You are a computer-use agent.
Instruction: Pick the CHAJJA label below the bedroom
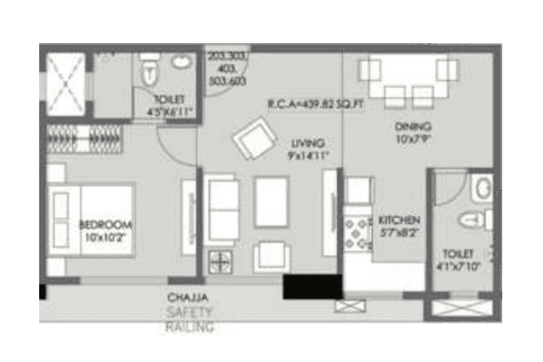(x=186, y=298)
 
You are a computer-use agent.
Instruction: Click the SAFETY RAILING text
(x=189, y=320)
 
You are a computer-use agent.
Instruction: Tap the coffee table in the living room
(x=270, y=201)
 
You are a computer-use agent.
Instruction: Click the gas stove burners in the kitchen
(x=358, y=233)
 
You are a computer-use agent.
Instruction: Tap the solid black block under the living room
(x=312, y=288)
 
